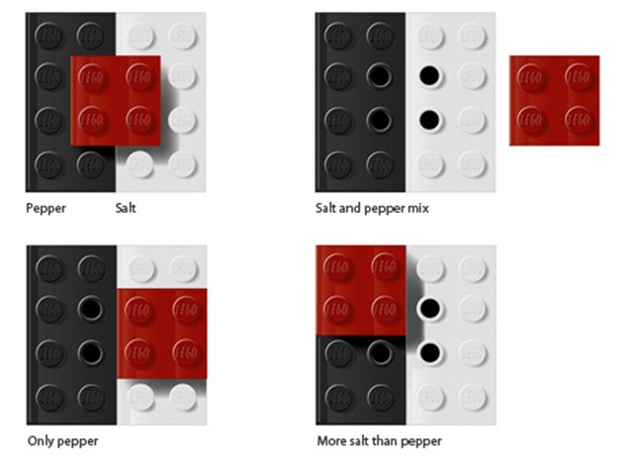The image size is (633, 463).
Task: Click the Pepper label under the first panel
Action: (45, 209)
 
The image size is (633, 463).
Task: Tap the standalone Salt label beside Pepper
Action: (126, 208)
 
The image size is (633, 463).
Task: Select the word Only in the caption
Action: (40, 441)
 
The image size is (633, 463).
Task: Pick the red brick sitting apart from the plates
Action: (554, 101)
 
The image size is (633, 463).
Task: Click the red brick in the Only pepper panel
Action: (162, 333)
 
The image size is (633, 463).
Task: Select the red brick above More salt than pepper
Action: (361, 290)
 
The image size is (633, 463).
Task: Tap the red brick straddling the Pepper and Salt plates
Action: (116, 101)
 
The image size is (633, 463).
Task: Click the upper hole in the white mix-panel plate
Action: (429, 75)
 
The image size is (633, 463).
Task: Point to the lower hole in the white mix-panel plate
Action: (429, 119)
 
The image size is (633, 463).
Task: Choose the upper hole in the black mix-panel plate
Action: (380, 75)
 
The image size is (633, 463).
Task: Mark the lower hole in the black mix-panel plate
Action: (380, 119)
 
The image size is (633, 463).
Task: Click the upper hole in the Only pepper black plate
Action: (90, 309)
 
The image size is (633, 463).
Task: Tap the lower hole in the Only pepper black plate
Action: (90, 352)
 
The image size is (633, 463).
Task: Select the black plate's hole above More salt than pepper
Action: (380, 352)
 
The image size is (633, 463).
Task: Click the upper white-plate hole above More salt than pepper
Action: (430, 309)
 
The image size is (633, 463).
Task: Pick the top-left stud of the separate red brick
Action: (531, 77)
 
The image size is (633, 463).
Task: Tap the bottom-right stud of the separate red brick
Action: (579, 121)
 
